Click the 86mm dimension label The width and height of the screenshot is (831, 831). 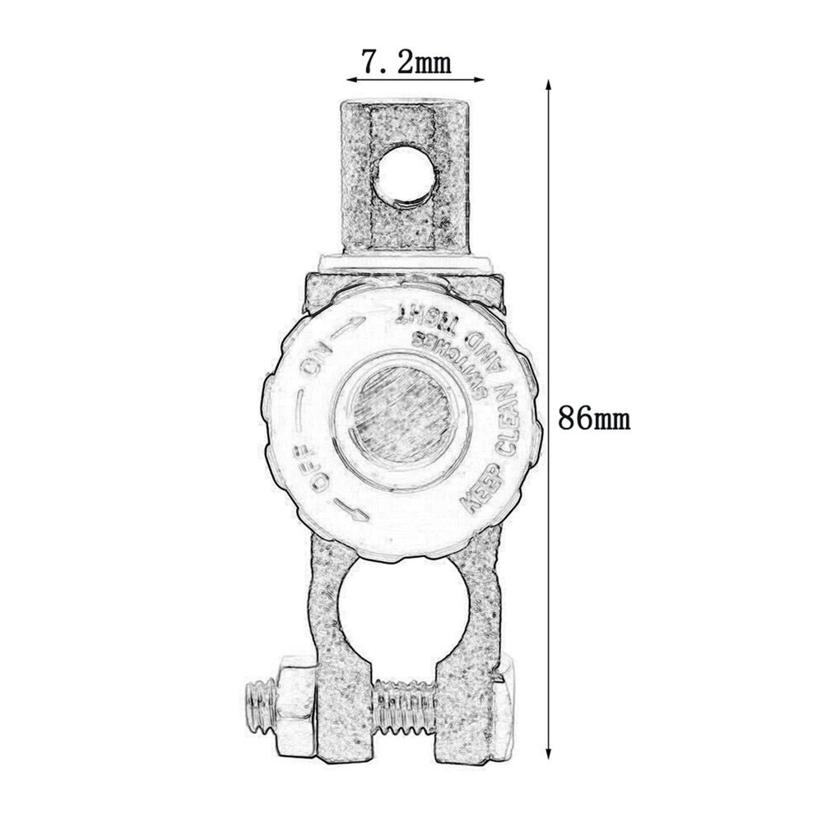tap(594, 419)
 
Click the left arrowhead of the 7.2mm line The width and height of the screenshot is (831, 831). tap(349, 80)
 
